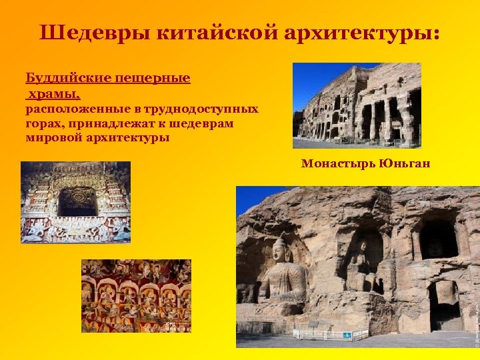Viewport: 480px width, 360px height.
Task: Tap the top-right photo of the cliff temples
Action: click(x=357, y=105)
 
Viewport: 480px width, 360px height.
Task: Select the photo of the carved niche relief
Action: click(x=75, y=201)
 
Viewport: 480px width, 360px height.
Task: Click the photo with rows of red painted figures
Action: click(x=136, y=295)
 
